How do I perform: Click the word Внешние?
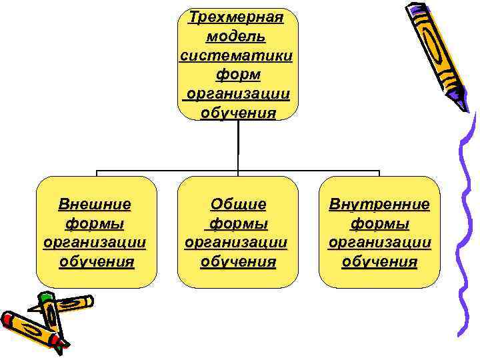click(x=95, y=204)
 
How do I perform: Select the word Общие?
click(x=238, y=204)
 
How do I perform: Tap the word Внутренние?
click(x=379, y=204)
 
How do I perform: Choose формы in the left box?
click(x=95, y=223)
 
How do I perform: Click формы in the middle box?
click(x=239, y=223)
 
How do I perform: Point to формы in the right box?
click(x=379, y=223)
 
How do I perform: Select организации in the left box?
click(x=95, y=241)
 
